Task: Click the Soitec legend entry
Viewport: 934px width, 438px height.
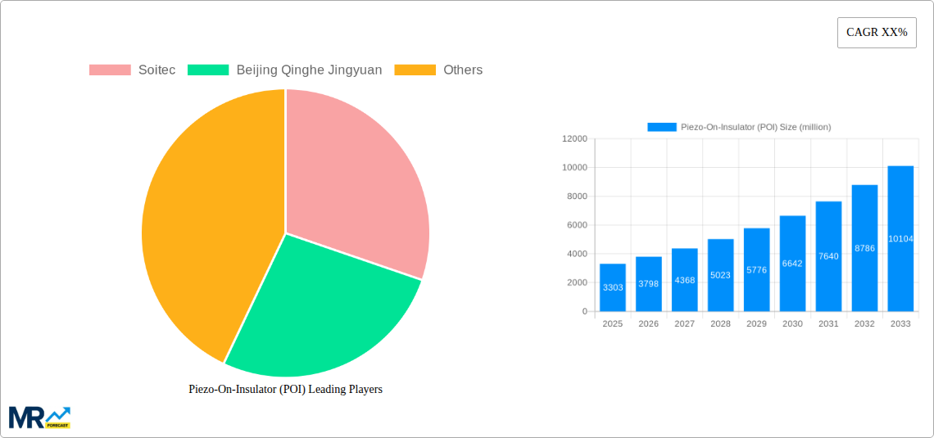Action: point(132,70)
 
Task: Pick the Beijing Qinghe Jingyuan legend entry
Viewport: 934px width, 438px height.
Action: point(285,70)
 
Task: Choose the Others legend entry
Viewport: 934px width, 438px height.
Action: point(438,70)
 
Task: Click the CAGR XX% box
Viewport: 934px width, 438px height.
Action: point(877,33)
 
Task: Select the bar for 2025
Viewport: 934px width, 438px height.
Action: point(613,287)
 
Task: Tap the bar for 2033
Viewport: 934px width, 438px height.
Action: point(900,238)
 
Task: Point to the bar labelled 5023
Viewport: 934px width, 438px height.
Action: point(720,275)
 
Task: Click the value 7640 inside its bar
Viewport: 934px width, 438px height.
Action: point(828,256)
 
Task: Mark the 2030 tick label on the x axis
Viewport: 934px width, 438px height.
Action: point(792,324)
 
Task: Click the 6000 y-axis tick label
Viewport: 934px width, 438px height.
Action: point(576,225)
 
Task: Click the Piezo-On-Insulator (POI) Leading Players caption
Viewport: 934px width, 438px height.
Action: point(285,390)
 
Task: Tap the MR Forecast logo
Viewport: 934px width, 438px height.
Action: point(39,417)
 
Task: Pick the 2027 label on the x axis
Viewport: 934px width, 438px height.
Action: point(684,324)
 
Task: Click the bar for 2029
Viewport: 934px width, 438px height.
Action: point(756,269)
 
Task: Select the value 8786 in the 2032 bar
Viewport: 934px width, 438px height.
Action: point(864,248)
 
